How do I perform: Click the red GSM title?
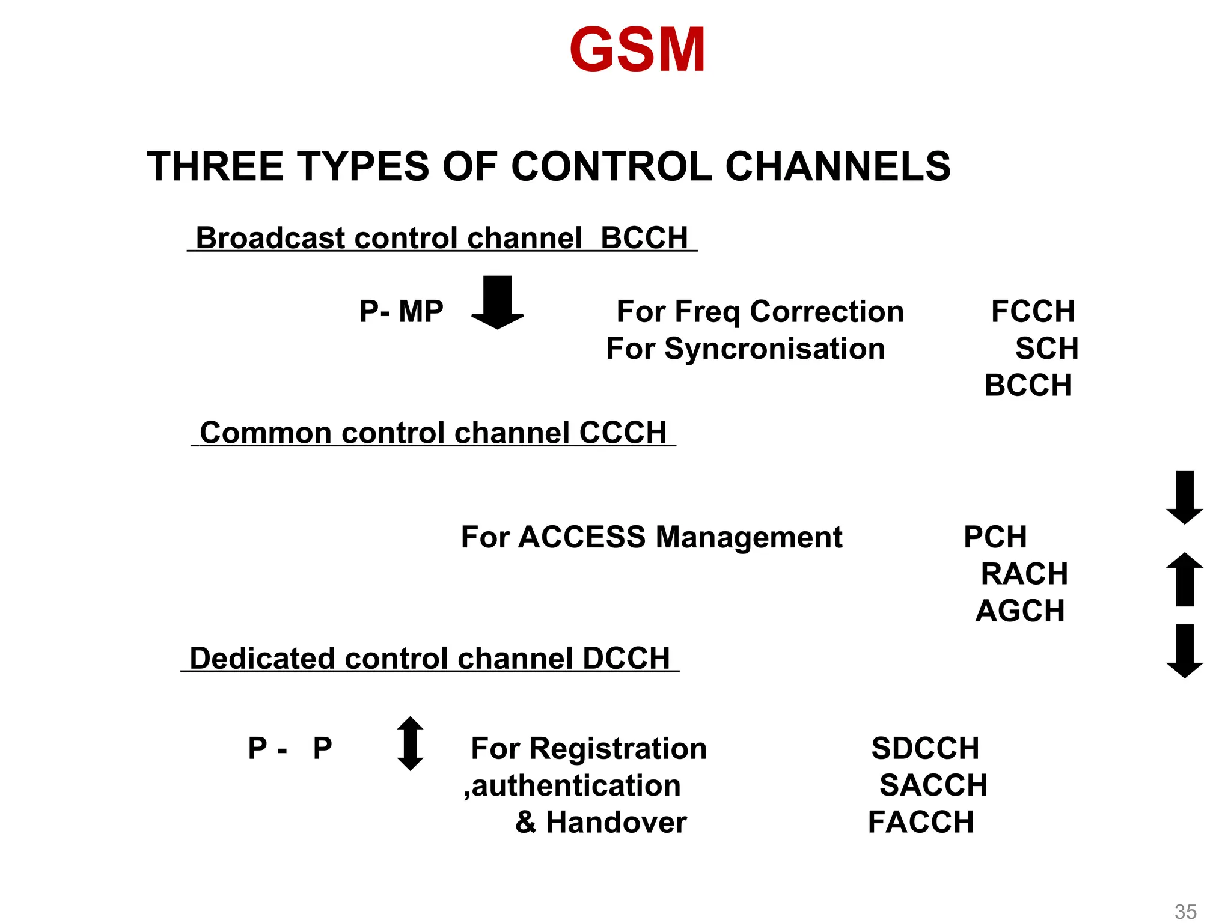tap(637, 50)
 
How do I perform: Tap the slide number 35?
tap(1185, 911)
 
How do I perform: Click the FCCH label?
tap(1033, 311)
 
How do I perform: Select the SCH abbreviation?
tap(1046, 349)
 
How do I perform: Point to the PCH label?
tap(995, 537)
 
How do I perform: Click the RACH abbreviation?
tap(1024, 574)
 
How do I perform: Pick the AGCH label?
tap(1020, 611)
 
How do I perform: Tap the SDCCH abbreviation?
tap(925, 748)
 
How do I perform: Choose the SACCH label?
tap(933, 785)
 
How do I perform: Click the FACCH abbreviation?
tap(921, 822)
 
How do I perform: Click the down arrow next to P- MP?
tap(497, 302)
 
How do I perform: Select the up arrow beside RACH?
tap(1184, 579)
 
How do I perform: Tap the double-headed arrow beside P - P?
tap(411, 743)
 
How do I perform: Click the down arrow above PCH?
tap(1184, 498)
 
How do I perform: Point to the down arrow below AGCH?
tap(1184, 651)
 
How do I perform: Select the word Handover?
tap(616, 822)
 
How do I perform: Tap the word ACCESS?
tap(581, 537)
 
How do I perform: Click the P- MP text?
tap(401, 311)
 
